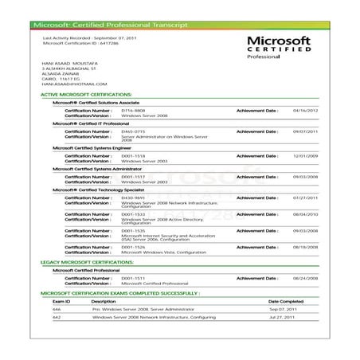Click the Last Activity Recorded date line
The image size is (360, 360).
tap(88, 37)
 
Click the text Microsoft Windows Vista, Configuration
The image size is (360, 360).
tap(163, 252)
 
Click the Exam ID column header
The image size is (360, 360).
tap(62, 302)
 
